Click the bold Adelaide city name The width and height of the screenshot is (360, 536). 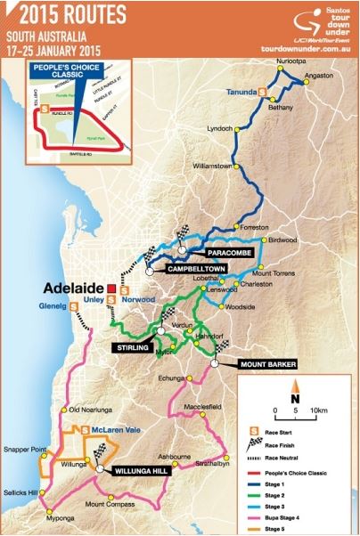click(70, 288)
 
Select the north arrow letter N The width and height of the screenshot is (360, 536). click(298, 398)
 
